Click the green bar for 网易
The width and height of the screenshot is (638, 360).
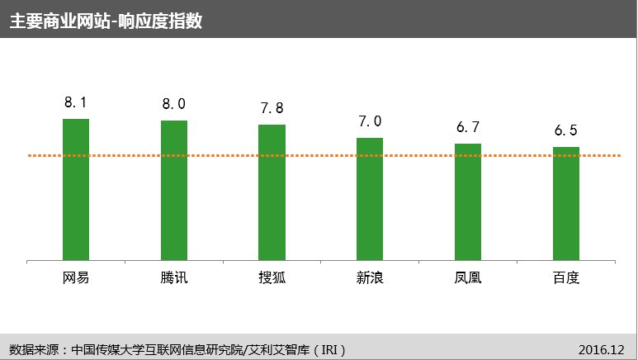tap(76, 190)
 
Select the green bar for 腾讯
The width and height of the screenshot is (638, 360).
tap(174, 191)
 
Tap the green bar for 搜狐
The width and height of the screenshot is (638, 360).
tap(272, 193)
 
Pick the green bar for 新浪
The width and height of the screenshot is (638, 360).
tap(370, 200)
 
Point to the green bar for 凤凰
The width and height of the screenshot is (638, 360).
tap(468, 202)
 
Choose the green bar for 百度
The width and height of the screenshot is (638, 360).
tap(566, 204)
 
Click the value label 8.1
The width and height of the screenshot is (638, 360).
tap(76, 102)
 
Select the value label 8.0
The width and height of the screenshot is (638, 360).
tap(174, 104)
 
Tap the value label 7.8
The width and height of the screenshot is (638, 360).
tap(272, 108)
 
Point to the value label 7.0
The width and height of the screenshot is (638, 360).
tap(370, 121)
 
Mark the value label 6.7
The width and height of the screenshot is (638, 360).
tap(468, 127)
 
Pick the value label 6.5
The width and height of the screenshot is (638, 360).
tap(566, 130)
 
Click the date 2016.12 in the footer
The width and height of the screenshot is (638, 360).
tap(602, 348)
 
